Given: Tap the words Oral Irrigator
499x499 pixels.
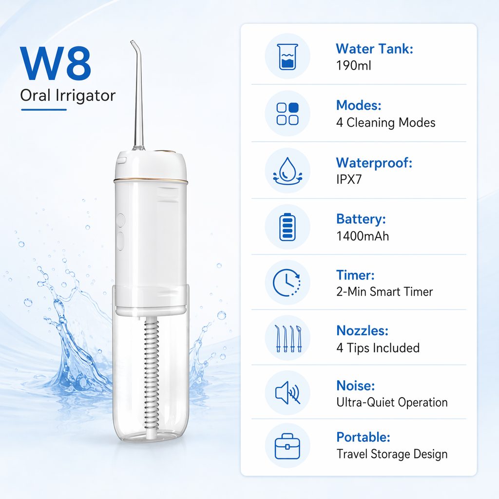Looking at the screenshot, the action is click(68, 96).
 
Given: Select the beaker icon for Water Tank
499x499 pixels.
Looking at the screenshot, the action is click(288, 57).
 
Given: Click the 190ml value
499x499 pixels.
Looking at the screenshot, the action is click(354, 66).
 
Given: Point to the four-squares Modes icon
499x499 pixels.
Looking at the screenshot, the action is click(288, 114).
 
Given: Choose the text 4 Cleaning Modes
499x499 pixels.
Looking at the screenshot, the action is click(386, 122).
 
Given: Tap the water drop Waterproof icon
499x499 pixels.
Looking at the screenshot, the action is click(288, 171).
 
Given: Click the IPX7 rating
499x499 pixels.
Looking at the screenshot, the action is click(349, 179).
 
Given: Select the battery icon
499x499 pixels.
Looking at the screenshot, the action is click(288, 227).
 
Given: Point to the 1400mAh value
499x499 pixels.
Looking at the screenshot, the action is click(363, 236).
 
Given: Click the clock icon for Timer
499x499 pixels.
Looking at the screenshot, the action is click(287, 283).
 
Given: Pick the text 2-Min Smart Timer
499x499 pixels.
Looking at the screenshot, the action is click(384, 291).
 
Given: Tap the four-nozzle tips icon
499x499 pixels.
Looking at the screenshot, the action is click(288, 338).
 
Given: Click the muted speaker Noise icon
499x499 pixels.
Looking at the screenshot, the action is click(288, 393).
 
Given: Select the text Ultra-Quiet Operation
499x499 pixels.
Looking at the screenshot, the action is click(392, 402).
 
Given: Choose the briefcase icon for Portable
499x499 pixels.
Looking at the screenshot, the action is click(288, 446).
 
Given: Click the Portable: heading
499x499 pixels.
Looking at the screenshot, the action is click(363, 437).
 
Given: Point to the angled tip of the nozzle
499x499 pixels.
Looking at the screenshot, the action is click(132, 42).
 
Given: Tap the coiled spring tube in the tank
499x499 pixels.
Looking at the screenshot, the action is click(152, 379).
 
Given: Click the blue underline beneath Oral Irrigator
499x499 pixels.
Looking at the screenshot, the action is click(44, 110).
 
